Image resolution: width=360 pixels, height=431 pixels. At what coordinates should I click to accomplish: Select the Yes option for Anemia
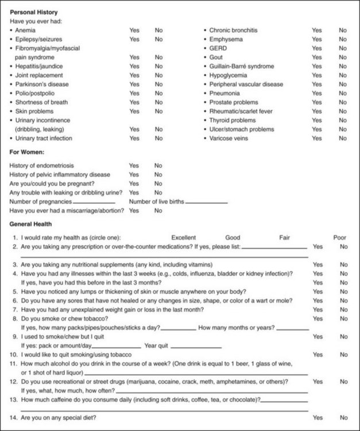(x=134, y=30)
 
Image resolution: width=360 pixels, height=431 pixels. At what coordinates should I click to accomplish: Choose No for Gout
(x=343, y=57)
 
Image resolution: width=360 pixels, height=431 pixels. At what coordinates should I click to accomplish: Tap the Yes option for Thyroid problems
(x=317, y=121)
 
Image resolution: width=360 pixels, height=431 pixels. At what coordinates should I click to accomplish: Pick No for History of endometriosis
(x=158, y=166)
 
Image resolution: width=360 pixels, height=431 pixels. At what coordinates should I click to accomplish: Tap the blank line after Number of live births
(x=206, y=203)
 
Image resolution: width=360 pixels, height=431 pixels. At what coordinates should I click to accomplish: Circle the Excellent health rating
(x=184, y=237)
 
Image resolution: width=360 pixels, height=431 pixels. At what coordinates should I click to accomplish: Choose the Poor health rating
(x=340, y=237)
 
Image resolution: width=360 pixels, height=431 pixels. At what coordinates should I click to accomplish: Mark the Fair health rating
(x=285, y=237)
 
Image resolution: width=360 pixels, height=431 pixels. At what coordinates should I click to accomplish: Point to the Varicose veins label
(x=229, y=138)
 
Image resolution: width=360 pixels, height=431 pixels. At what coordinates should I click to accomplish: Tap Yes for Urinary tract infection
(x=134, y=138)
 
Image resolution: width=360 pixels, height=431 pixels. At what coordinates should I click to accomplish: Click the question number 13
(x=15, y=399)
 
